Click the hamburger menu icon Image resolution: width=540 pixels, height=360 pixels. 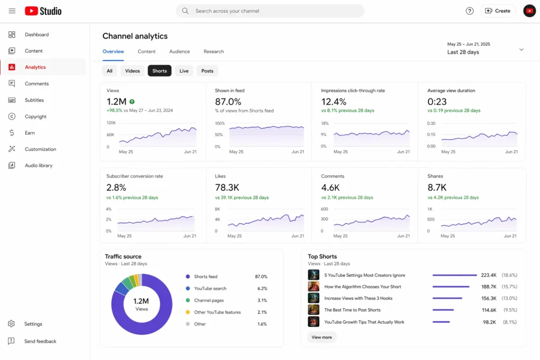pos(12,11)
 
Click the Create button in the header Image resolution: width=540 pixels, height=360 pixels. pos(498,11)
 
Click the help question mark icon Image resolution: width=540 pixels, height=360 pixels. pos(469,11)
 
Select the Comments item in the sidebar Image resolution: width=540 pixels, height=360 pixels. pos(36,84)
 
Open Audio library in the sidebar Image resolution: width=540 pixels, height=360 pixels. pos(38,166)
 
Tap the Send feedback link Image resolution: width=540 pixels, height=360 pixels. pos(40,342)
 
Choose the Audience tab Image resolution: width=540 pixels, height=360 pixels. pos(179,52)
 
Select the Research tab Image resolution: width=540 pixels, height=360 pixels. pos(214,52)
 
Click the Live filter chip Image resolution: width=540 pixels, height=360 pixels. pos(184,71)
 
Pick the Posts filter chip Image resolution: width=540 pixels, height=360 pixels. pos(207,71)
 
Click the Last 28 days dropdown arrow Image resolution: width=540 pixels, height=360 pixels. pos(521,50)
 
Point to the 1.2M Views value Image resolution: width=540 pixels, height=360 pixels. pos(116,102)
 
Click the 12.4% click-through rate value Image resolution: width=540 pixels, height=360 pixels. pos(333,102)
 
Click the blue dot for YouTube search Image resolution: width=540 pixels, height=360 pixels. pos(188,289)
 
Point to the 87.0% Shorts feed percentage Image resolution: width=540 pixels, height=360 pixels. pos(261,277)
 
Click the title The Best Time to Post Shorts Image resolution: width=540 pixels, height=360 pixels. pos(352,310)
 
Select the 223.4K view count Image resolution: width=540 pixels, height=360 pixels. pos(488,275)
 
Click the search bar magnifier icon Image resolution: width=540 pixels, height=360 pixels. pos(185,11)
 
